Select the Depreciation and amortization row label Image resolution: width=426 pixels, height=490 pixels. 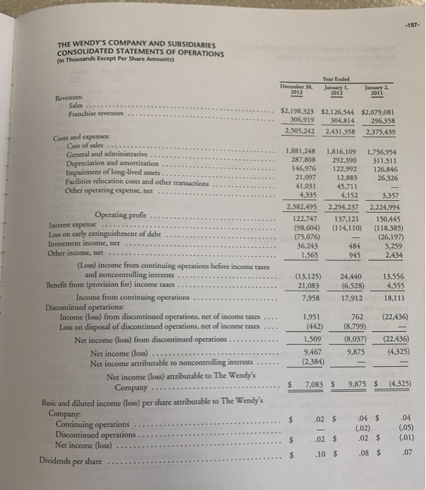click(111, 162)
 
